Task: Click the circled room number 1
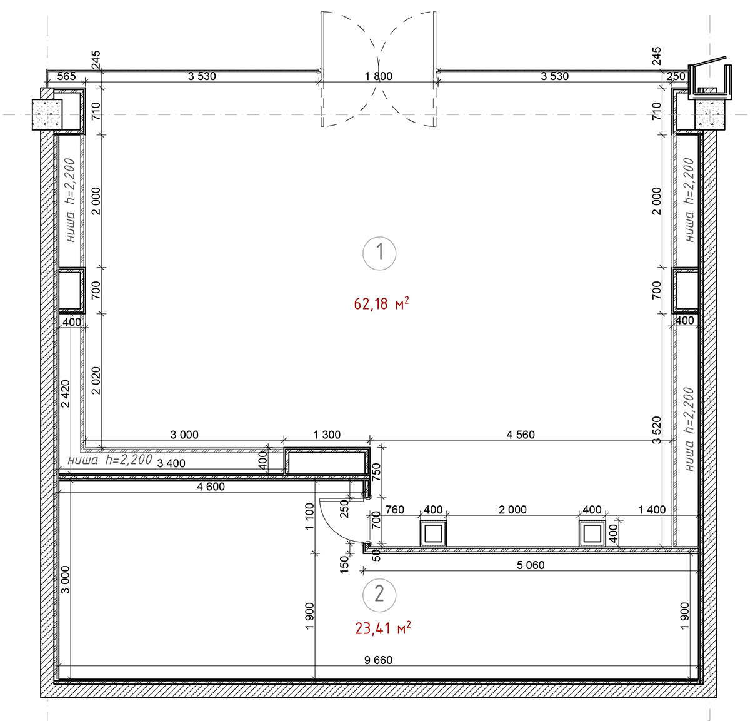tap(379, 253)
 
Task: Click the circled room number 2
tap(379, 595)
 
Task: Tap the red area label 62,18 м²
tap(381, 304)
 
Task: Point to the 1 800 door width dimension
tap(379, 76)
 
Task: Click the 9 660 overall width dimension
tap(378, 660)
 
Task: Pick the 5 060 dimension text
tap(531, 565)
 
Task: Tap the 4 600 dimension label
tap(211, 487)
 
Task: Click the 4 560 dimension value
tap(520, 435)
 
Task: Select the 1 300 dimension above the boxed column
tap(327, 435)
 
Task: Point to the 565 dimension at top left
tap(66, 76)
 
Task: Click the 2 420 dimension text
tap(66, 394)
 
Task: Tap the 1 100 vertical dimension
tap(309, 517)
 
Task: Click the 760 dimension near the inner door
tap(394, 510)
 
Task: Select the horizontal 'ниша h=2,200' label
tap(110, 460)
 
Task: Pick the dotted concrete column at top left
tap(47, 114)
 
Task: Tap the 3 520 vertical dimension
tap(657, 430)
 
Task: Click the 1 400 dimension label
tap(652, 510)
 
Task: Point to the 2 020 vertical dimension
tap(96, 381)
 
